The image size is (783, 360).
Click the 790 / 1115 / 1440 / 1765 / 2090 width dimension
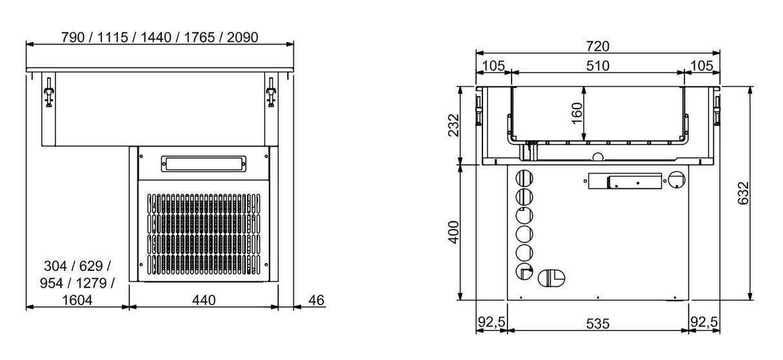pyautogui.click(x=159, y=37)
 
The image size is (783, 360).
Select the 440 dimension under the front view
pyautogui.click(x=204, y=300)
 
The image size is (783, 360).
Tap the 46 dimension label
pyautogui.click(x=315, y=300)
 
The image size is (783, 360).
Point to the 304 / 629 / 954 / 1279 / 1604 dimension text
pyautogui.click(x=77, y=283)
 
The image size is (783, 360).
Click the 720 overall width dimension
pyautogui.click(x=597, y=46)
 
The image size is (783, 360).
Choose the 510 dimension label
pyautogui.click(x=597, y=65)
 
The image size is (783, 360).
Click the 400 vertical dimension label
pyautogui.click(x=453, y=232)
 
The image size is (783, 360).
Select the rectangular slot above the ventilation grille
pyautogui.click(x=204, y=165)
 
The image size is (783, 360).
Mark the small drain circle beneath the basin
pyautogui.click(x=597, y=156)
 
